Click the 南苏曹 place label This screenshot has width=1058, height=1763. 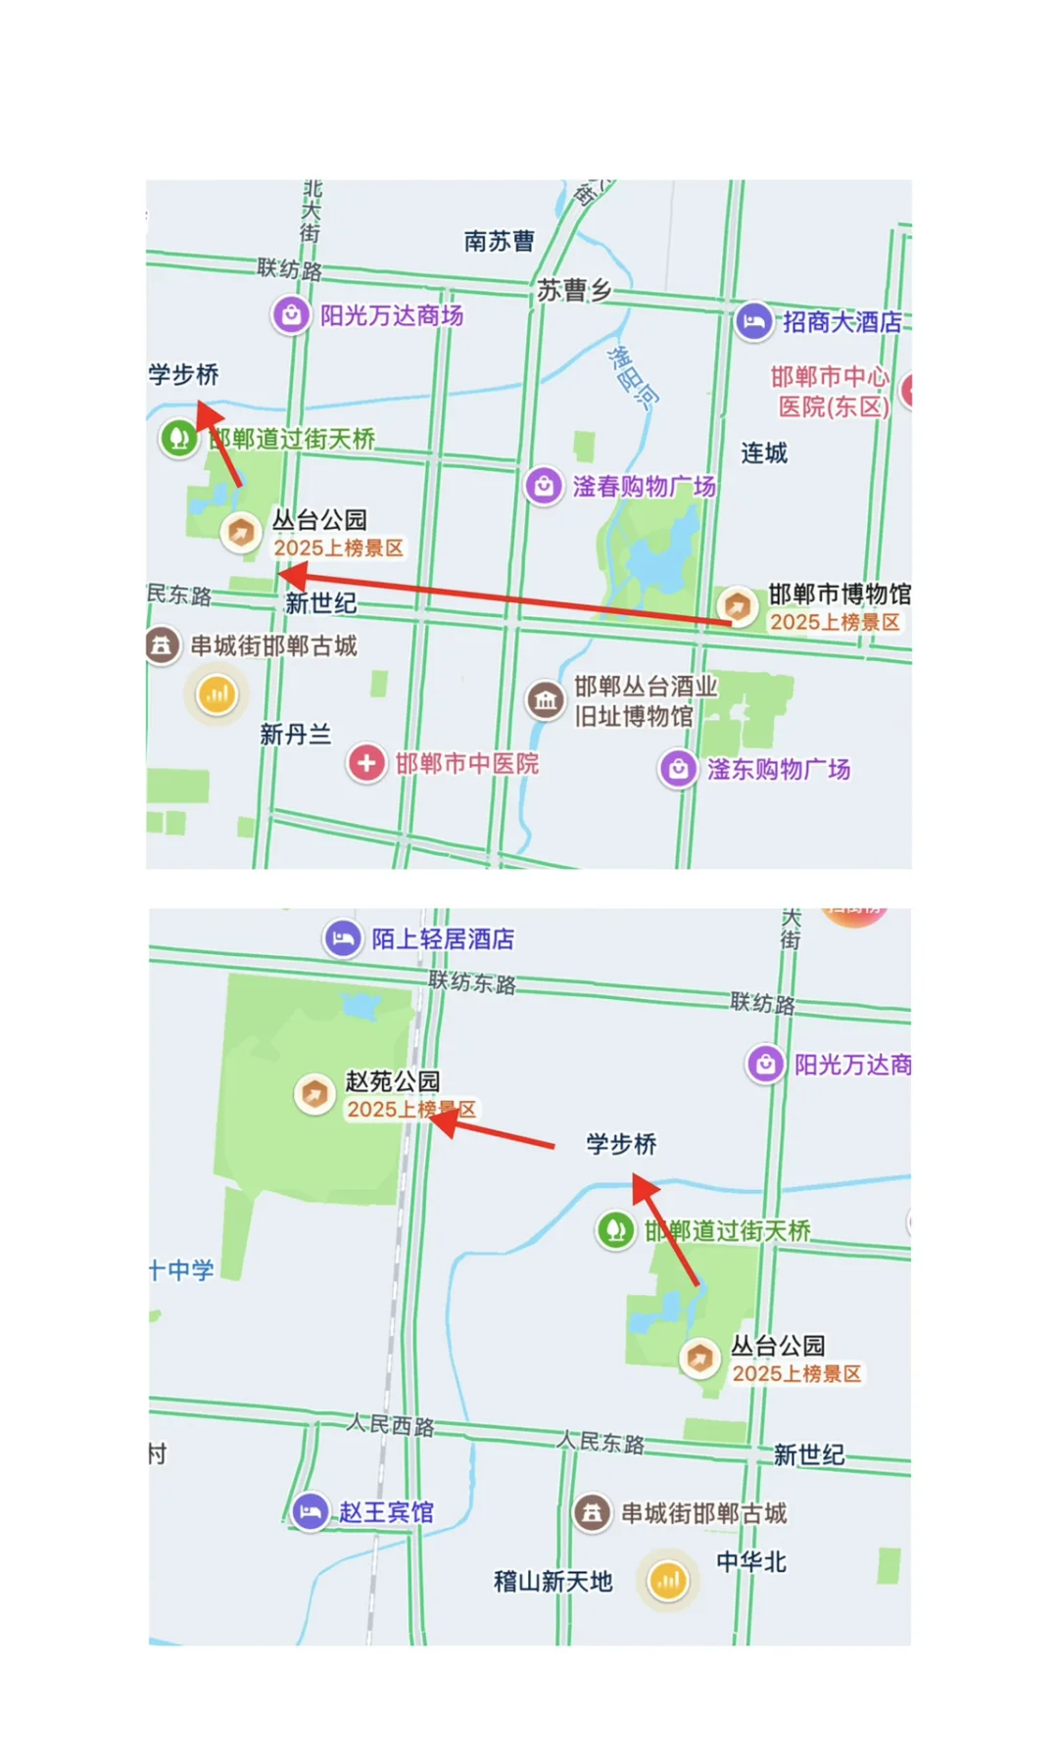(500, 241)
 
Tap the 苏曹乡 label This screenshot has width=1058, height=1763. (574, 290)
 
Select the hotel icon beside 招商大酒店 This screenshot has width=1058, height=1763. (753, 321)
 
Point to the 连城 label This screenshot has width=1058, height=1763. (764, 453)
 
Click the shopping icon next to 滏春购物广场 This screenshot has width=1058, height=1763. (544, 486)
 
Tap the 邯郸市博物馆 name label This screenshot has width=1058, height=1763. (840, 594)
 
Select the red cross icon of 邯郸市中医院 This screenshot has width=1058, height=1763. (366, 763)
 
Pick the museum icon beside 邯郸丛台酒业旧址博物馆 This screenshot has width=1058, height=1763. (546, 700)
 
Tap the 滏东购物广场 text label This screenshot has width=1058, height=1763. (779, 769)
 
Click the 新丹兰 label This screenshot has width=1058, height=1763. (295, 735)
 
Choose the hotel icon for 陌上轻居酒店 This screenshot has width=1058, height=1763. (342, 938)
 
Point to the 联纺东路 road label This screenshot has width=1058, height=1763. (472, 982)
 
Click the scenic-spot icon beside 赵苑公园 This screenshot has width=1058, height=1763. (314, 1093)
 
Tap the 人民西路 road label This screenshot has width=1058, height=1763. (390, 1425)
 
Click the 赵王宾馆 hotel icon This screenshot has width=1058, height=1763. (311, 1511)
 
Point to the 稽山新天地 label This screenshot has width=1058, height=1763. (553, 1581)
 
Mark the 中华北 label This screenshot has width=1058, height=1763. (751, 1562)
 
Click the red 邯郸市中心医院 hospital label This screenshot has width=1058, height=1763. (831, 392)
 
